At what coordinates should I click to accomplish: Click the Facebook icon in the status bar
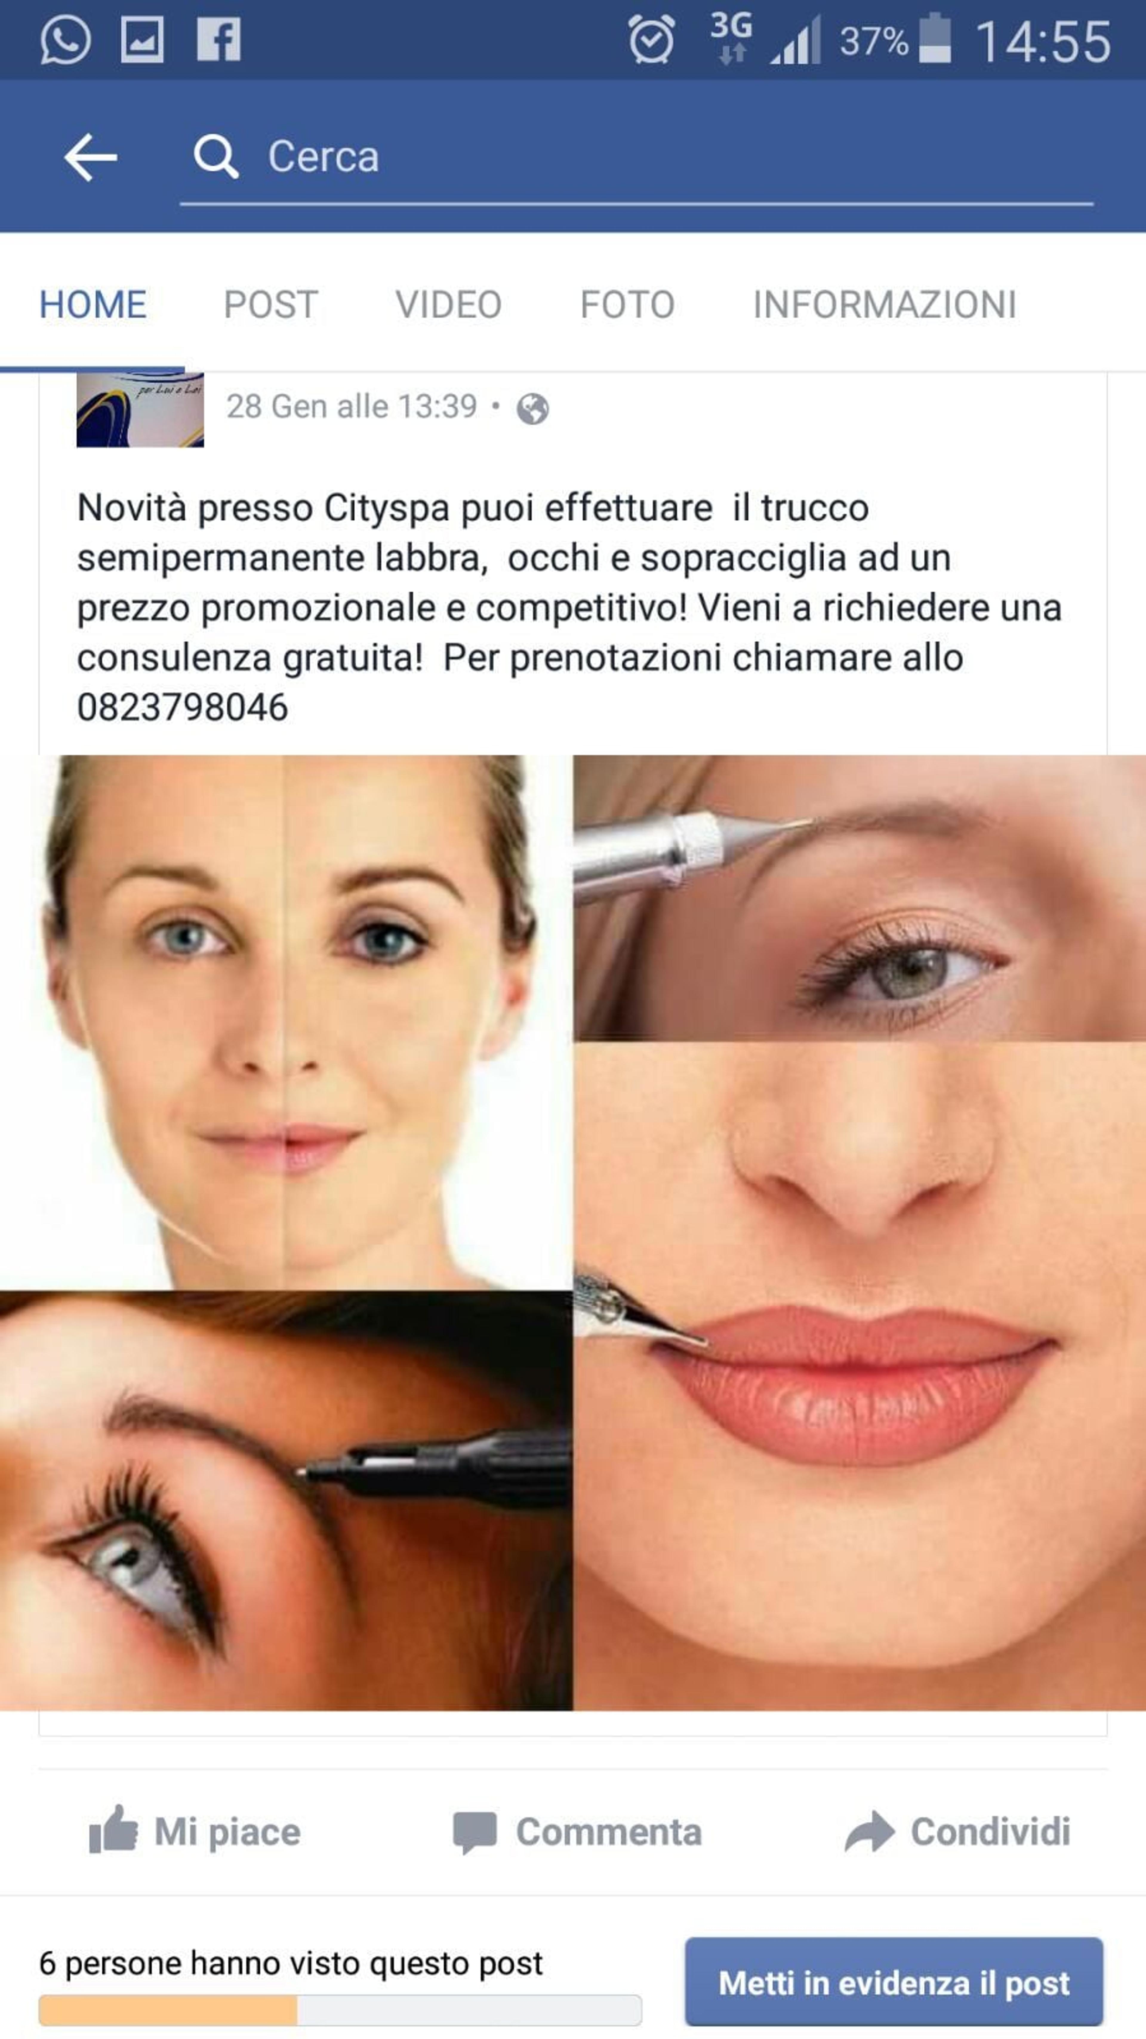coord(218,40)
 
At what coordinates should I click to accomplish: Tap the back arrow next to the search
coord(90,157)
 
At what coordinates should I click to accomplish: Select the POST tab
coord(271,305)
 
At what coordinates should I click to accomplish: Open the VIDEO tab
coord(449,305)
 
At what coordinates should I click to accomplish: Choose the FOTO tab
coord(628,305)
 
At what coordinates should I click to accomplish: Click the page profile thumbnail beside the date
coord(140,410)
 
